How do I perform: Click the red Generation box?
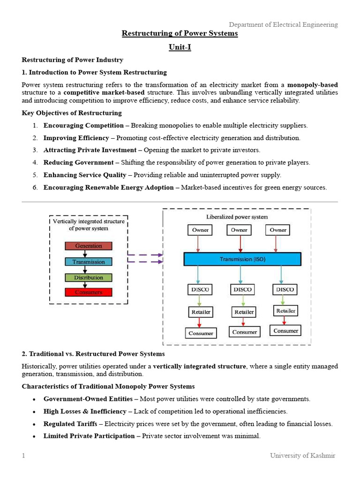point(89,246)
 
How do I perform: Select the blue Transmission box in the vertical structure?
point(89,262)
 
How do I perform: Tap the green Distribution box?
point(89,277)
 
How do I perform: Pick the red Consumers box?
point(89,292)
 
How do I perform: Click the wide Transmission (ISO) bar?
point(242,259)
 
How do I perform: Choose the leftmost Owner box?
point(200,230)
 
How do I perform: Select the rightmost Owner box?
point(277,230)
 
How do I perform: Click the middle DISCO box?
point(242,289)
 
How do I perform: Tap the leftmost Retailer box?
point(201,311)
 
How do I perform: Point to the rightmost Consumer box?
point(285,330)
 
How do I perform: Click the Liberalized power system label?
point(237,217)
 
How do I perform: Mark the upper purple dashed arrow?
point(145,255)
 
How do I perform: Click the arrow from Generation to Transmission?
point(85,254)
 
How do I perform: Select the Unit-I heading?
point(180,47)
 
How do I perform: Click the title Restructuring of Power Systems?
point(180,34)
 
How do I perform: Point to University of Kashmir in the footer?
point(302,455)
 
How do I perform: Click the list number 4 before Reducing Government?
point(35,162)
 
